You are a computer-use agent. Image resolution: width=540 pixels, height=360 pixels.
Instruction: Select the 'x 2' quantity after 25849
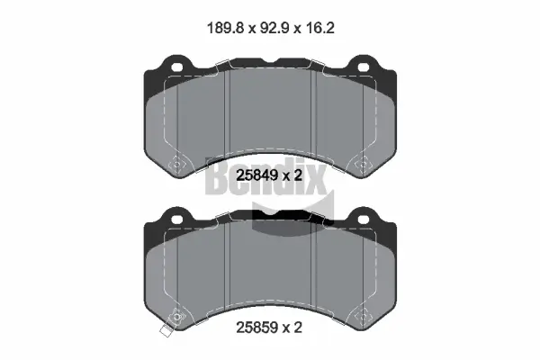[x=292, y=176]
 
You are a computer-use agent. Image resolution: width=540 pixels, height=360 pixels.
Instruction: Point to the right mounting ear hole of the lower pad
[x=364, y=219]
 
